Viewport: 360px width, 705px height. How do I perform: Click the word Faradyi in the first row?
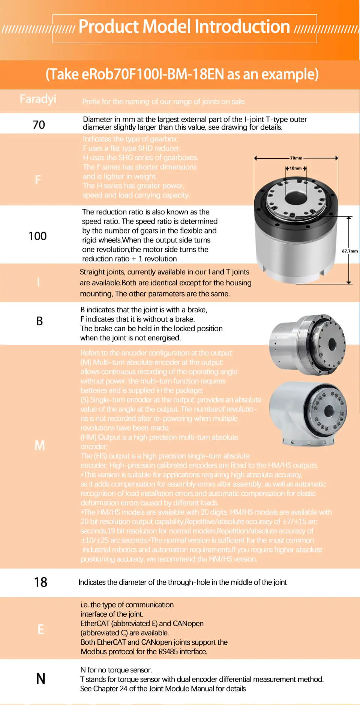[38, 99]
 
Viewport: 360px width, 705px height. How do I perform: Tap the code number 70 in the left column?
[39, 125]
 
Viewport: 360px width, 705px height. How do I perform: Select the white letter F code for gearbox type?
[38, 180]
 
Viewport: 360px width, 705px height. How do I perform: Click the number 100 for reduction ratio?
[37, 236]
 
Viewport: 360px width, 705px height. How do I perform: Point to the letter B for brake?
[39, 321]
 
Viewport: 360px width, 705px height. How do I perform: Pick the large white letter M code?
[39, 445]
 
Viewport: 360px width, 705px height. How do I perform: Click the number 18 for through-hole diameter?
[40, 582]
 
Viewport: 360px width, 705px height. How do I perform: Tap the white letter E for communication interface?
[40, 629]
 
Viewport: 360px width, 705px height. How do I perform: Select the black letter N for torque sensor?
[40, 679]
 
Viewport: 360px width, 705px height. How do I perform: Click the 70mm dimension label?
[296, 158]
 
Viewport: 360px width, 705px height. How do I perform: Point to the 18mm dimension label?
[295, 168]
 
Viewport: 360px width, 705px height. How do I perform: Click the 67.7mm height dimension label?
[349, 251]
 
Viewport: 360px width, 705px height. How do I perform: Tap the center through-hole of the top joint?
[295, 198]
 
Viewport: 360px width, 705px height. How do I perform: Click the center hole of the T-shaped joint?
[329, 411]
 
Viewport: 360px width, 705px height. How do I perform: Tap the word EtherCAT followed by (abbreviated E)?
[95, 623]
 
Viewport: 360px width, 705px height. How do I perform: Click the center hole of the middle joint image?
[332, 344]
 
